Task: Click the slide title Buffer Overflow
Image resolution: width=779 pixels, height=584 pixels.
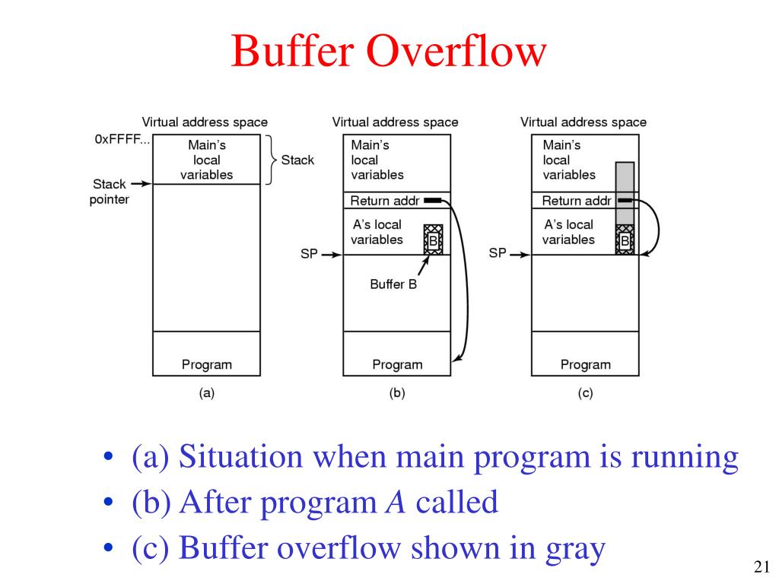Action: [x=389, y=52]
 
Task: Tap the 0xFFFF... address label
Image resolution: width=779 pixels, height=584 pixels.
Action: [x=122, y=140]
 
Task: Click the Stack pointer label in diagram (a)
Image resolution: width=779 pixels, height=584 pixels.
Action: [x=110, y=191]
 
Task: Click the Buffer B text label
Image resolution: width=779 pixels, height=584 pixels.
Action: [x=393, y=284]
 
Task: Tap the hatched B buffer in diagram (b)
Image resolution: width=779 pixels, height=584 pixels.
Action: [x=432, y=239]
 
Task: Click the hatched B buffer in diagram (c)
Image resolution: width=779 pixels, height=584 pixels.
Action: [x=624, y=239]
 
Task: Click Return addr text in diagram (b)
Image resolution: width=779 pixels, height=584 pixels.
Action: [x=385, y=201]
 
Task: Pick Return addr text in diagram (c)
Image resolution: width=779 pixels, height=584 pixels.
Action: [x=577, y=201]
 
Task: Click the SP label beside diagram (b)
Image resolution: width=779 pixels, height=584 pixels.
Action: [x=308, y=255]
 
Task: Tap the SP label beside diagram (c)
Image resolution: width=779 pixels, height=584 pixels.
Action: [x=498, y=253]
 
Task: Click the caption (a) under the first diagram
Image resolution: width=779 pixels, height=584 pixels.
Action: [x=206, y=393]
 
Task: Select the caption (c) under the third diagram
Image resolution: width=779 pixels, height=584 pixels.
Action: [x=585, y=393]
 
